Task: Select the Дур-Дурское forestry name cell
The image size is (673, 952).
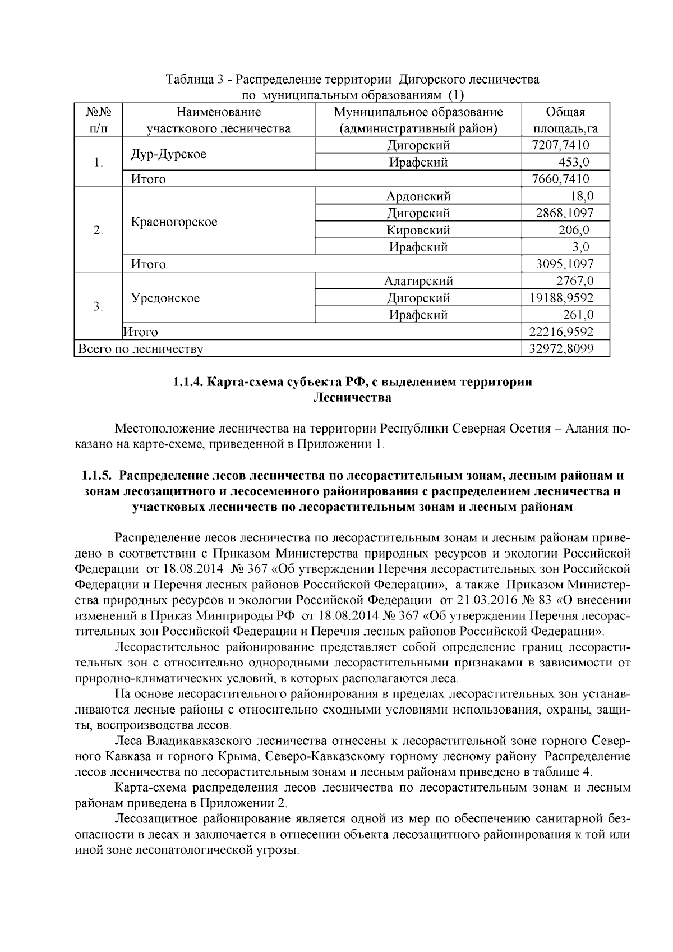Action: (x=168, y=154)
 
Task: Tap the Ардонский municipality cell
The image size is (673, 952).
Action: (x=418, y=196)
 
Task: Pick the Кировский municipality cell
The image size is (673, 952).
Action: (x=418, y=230)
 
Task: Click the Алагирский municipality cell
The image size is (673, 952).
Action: (x=418, y=281)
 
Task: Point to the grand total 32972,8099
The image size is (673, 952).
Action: (x=561, y=349)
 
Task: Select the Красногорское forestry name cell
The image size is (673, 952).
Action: (x=174, y=222)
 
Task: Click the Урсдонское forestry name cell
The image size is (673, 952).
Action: (x=165, y=298)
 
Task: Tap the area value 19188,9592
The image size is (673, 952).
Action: (x=561, y=298)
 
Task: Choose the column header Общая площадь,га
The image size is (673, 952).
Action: (x=565, y=120)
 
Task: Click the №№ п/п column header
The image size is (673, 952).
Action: (x=98, y=120)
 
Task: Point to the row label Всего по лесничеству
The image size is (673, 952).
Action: (x=141, y=349)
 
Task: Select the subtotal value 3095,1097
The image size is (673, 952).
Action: (x=565, y=264)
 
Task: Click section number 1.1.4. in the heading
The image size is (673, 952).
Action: (x=188, y=383)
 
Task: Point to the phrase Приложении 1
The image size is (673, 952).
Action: (x=354, y=445)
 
